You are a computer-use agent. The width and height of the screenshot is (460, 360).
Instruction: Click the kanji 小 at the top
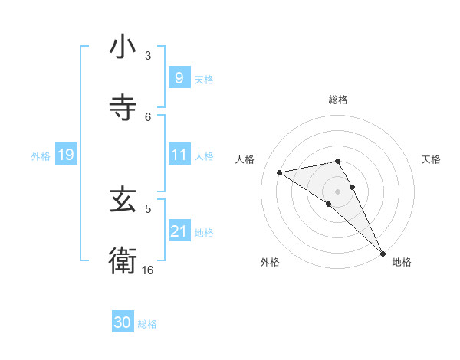(123, 48)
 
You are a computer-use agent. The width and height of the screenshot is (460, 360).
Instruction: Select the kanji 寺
(123, 108)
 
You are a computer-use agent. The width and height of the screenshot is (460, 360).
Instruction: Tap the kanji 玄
(123, 201)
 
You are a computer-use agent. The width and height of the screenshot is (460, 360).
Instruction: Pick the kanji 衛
(123, 260)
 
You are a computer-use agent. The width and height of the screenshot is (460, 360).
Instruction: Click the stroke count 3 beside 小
(148, 56)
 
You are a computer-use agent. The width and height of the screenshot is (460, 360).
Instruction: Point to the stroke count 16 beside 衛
(148, 270)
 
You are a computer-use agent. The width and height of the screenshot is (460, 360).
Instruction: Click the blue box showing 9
(179, 78)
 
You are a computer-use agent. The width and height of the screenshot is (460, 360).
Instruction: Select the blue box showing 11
(179, 155)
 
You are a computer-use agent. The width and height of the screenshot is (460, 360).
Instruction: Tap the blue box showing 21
(179, 232)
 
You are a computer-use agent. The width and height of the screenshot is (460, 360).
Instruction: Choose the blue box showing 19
(65, 155)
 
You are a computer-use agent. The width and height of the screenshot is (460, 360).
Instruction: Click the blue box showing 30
(123, 323)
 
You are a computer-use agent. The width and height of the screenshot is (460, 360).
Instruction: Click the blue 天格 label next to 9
(204, 79)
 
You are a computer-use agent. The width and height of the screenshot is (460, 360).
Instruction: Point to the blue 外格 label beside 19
(41, 156)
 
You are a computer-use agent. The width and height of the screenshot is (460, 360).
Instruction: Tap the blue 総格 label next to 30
(148, 324)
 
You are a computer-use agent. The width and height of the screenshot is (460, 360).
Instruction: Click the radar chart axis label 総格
(338, 100)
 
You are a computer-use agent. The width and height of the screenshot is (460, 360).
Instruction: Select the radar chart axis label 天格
(432, 159)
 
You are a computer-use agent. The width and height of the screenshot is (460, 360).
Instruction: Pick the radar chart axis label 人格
(245, 159)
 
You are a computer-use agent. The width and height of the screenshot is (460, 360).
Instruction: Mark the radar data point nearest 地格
(383, 253)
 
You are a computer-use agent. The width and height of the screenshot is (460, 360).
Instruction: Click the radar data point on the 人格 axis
(280, 172)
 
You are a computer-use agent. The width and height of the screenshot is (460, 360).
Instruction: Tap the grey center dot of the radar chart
(338, 191)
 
